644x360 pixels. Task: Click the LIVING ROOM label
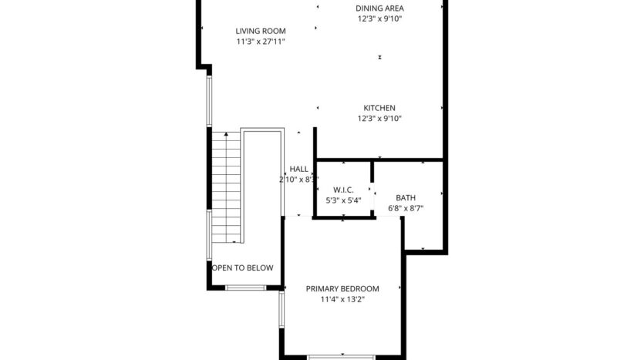261,31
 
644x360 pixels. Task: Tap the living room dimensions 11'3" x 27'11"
261,42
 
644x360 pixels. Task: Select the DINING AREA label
379,8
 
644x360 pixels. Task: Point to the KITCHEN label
379,108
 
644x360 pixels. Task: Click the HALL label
298,169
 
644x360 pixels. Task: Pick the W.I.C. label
343,190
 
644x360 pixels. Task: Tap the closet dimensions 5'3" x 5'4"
343,200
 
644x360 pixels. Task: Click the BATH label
405,197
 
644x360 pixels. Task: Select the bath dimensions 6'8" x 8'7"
405,208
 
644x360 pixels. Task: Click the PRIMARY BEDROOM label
342,289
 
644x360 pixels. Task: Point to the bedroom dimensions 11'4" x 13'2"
342,300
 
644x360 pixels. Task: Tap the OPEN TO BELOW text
243,268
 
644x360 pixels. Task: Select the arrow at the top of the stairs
225,136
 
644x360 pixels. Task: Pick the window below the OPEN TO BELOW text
245,288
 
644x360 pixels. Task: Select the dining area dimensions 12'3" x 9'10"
379,19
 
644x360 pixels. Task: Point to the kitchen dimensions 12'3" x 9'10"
379,119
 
